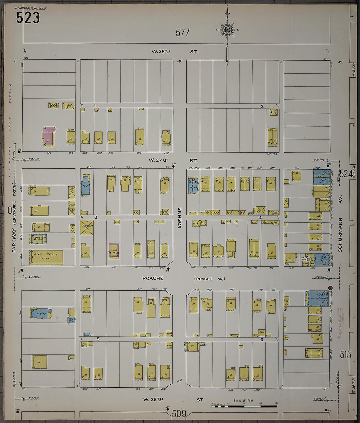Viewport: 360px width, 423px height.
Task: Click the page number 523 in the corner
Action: [28, 18]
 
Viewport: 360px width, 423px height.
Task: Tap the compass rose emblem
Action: [227, 30]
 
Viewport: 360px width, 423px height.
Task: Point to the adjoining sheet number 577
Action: [182, 33]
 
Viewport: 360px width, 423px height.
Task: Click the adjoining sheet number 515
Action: [346, 355]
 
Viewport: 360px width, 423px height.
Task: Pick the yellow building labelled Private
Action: [87, 227]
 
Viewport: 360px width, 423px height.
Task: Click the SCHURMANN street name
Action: [340, 234]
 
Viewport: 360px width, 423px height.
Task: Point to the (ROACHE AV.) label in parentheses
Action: [209, 279]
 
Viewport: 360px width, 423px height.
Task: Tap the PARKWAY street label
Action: [14, 239]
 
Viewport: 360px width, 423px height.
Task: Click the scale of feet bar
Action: [244, 406]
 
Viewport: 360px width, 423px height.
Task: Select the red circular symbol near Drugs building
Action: [331, 288]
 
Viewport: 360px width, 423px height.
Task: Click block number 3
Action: [96, 217]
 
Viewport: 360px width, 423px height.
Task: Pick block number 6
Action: [262, 340]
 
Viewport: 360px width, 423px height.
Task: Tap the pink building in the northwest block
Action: [47, 138]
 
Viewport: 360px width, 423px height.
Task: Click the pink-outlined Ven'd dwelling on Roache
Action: [114, 251]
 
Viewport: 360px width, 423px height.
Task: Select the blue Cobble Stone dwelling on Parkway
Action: [39, 239]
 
